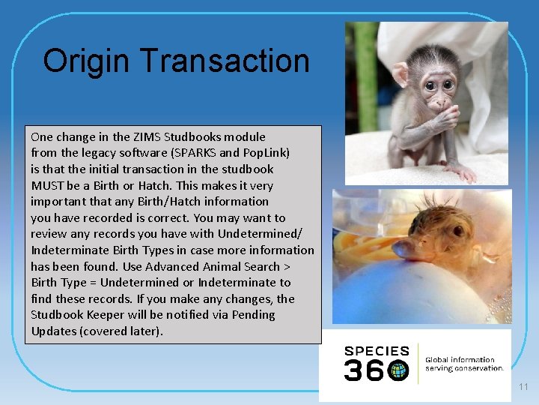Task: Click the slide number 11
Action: click(x=523, y=387)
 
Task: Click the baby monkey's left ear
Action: click(x=401, y=73)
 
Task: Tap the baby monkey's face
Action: click(x=437, y=86)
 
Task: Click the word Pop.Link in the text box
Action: click(x=267, y=153)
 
